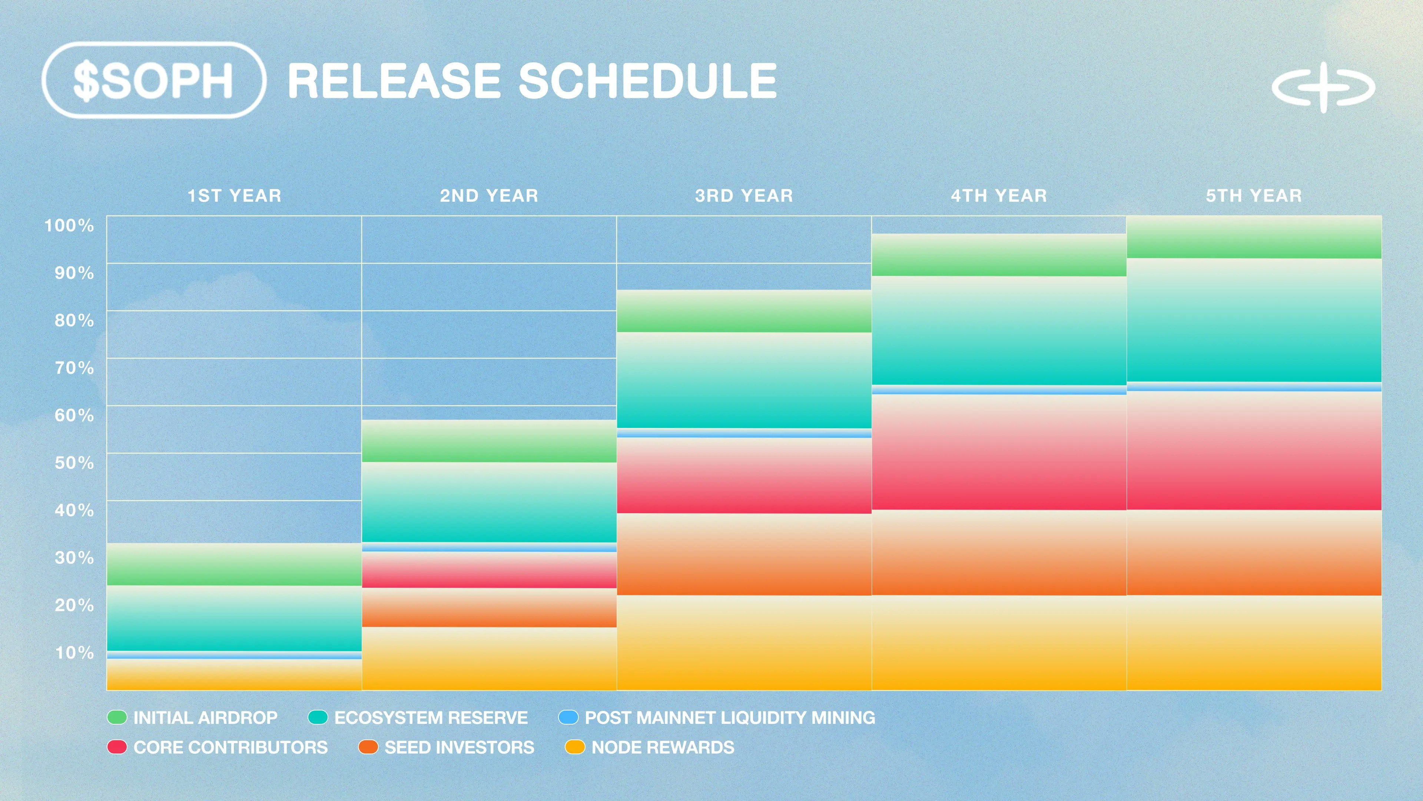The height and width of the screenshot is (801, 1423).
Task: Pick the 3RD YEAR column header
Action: pos(744,196)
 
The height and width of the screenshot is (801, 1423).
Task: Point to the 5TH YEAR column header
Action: pos(1254,196)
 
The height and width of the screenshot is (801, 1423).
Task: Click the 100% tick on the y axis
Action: pos(69,225)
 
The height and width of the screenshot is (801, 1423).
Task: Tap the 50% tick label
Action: pos(74,463)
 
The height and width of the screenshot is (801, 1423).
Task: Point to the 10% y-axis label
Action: pos(74,653)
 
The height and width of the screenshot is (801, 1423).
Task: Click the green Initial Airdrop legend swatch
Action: pos(117,718)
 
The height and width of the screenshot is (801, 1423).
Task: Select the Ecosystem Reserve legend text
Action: pos(431,718)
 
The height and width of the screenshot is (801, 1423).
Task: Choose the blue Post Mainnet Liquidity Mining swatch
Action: pos(568,718)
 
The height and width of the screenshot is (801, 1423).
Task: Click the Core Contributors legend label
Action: pos(230,747)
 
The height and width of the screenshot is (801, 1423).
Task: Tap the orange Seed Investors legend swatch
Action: pos(368,747)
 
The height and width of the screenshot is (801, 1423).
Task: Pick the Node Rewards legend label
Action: pos(663,747)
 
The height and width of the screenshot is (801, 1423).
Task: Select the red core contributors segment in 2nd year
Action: pos(489,570)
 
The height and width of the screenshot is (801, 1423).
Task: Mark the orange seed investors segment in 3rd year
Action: pos(744,554)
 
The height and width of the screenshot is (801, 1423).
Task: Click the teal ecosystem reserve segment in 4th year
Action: pos(999,330)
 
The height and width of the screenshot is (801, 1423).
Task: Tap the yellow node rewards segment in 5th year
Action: pos(1254,643)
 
